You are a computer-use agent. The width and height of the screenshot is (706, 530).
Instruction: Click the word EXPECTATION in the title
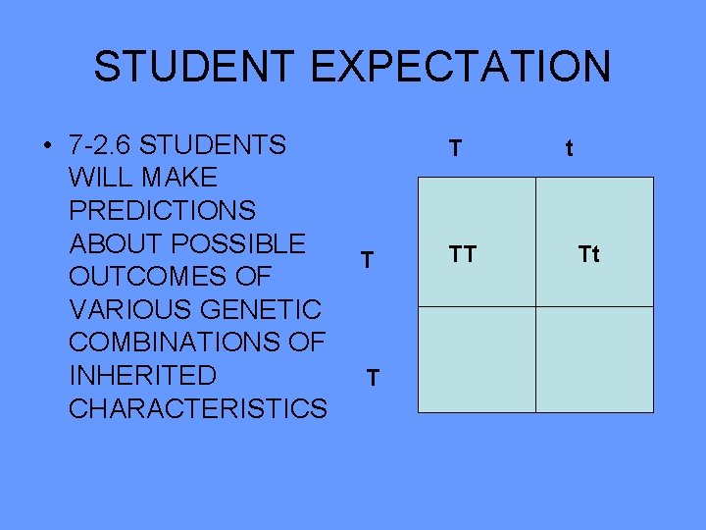tap(461, 67)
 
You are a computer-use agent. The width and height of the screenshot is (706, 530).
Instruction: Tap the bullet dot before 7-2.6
tap(47, 146)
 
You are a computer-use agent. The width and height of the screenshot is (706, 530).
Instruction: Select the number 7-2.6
tap(101, 146)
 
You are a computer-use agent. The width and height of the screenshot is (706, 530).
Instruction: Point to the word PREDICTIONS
tap(163, 211)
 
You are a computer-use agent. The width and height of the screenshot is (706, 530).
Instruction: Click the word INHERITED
tap(143, 375)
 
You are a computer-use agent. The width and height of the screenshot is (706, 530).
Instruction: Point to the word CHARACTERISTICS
tap(198, 408)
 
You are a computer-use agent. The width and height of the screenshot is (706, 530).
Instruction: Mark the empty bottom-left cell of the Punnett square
tap(477, 359)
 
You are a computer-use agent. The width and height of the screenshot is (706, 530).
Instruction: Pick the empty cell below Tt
tap(594, 359)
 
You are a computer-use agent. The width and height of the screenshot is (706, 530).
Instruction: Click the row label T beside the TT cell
tap(366, 260)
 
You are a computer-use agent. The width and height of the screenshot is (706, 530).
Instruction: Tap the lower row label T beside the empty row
tap(372, 378)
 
